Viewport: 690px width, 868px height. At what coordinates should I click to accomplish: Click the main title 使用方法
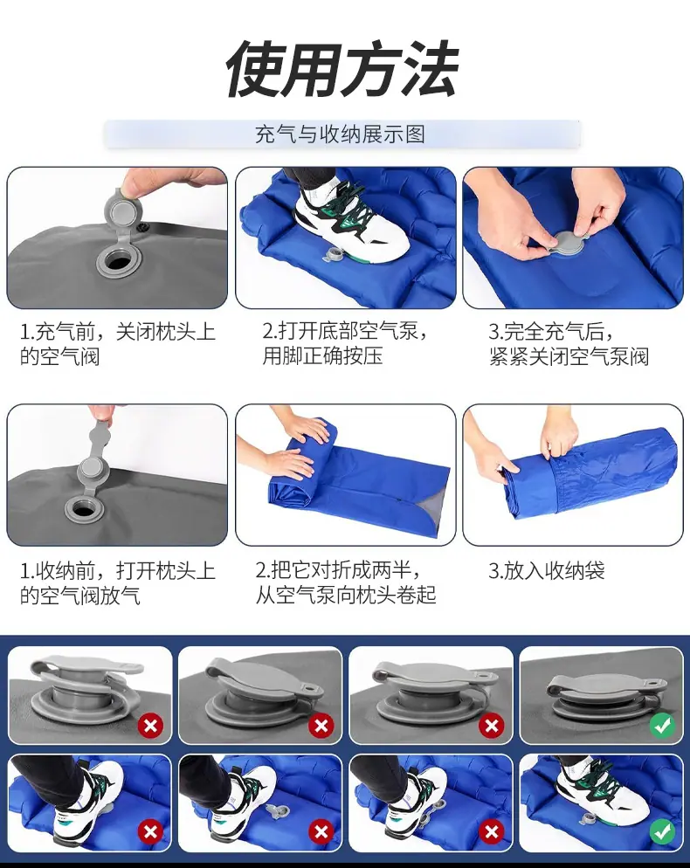click(x=342, y=69)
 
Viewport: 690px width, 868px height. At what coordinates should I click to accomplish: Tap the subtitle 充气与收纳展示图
click(x=340, y=134)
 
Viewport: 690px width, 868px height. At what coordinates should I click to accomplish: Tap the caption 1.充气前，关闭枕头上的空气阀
click(x=117, y=344)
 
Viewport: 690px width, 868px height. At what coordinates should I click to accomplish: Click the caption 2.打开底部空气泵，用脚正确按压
click(x=344, y=343)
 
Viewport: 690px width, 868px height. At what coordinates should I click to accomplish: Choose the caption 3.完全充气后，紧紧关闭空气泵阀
click(x=569, y=344)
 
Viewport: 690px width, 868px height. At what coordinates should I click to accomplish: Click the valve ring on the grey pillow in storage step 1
click(x=84, y=507)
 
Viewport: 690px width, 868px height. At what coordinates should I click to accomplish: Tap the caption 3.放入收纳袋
click(x=546, y=571)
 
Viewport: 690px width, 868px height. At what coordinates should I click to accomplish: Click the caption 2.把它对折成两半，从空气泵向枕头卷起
click(x=346, y=582)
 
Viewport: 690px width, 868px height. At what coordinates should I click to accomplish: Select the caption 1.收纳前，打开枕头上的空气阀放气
click(x=117, y=583)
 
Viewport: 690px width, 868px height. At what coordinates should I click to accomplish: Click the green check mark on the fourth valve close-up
click(x=662, y=725)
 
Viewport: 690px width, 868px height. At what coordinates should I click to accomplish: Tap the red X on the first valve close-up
click(x=150, y=725)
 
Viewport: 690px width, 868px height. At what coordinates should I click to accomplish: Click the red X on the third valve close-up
click(x=491, y=725)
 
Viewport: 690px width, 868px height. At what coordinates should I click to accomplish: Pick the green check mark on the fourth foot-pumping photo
click(x=662, y=831)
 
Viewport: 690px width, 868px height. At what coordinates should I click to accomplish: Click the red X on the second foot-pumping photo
click(x=321, y=831)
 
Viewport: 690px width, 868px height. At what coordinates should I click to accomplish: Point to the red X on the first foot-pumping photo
click(x=150, y=831)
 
